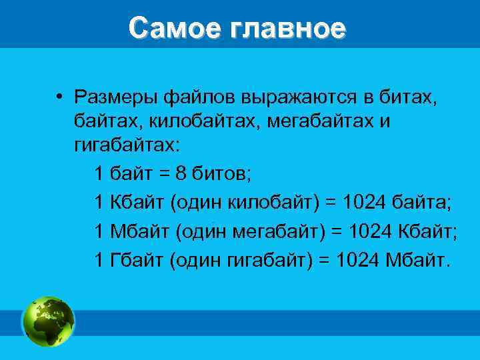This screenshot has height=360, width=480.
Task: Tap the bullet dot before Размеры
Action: click(59, 97)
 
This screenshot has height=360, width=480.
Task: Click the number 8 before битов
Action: click(182, 175)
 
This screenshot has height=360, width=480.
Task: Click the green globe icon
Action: click(49, 321)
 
